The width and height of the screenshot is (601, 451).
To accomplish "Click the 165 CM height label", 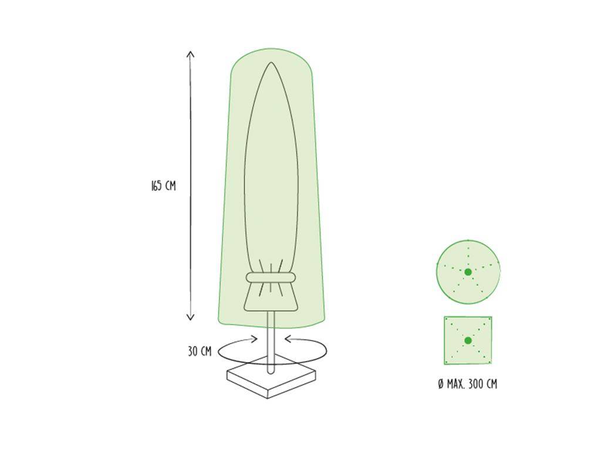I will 163,186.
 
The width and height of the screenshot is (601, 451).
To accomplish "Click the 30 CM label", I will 200,352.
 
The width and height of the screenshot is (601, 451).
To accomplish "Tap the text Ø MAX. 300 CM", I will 467,384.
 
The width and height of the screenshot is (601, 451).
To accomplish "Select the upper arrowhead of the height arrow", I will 190,53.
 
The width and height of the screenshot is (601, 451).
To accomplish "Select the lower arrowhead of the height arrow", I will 190,318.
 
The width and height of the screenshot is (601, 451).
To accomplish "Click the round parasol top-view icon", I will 468,271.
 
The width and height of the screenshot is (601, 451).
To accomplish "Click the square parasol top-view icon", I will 468,341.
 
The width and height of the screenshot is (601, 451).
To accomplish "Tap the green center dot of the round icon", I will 468,272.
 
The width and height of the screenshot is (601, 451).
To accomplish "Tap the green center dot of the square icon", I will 468,341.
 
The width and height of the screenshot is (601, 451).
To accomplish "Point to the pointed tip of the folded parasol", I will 270,63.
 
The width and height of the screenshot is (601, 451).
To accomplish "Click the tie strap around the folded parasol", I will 271,278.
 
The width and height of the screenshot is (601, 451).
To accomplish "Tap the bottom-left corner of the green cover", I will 220,321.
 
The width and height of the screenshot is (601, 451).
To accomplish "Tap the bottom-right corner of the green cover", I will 322,319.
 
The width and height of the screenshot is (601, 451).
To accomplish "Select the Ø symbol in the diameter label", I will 441,384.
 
